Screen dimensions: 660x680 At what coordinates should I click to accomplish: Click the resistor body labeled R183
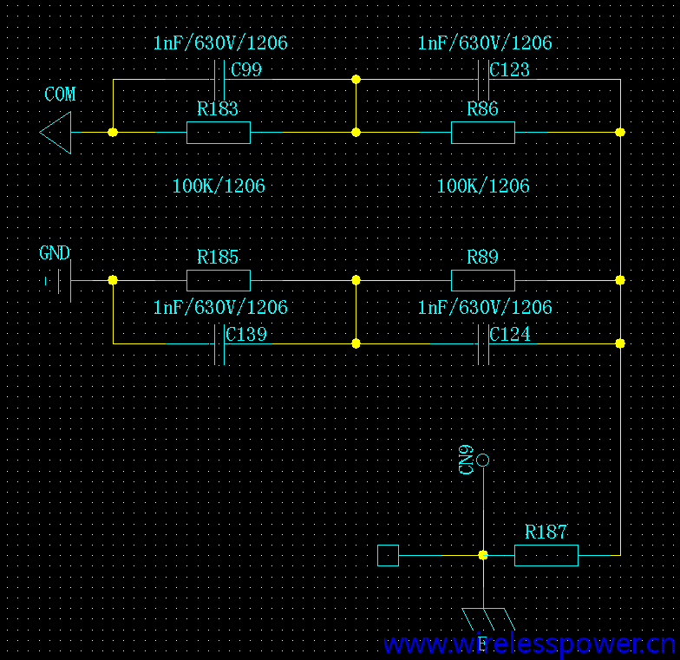click(x=219, y=133)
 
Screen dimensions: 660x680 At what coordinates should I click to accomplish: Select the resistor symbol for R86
click(x=483, y=133)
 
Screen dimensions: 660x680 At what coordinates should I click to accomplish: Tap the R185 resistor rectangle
click(x=219, y=280)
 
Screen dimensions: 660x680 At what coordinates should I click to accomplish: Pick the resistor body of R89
click(x=483, y=280)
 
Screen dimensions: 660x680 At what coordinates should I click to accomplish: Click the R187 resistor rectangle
click(x=546, y=555)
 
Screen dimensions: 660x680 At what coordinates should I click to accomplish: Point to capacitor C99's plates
click(x=219, y=80)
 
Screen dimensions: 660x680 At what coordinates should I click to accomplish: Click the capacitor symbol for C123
click(x=483, y=80)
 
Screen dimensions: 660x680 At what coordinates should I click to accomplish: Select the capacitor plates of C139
click(x=219, y=343)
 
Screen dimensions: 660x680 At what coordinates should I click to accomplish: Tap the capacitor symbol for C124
click(x=483, y=343)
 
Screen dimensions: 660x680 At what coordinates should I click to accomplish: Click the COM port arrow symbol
click(x=56, y=133)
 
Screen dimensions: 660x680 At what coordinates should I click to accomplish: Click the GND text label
click(x=55, y=253)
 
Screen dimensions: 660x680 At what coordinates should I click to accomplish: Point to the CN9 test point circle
click(x=483, y=460)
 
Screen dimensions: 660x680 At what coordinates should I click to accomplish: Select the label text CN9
click(x=467, y=461)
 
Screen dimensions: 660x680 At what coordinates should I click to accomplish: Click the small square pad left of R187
click(x=389, y=555)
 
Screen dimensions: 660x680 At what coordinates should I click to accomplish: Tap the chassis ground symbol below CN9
click(x=487, y=619)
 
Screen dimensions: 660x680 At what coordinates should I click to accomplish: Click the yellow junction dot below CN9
click(x=483, y=555)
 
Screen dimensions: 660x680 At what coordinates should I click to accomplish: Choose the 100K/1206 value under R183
click(x=219, y=186)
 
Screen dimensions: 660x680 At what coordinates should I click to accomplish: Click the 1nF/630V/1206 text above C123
click(x=485, y=43)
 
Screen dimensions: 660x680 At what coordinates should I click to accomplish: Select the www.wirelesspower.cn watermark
click(x=529, y=644)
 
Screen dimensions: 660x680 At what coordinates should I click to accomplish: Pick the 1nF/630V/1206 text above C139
click(x=220, y=308)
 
